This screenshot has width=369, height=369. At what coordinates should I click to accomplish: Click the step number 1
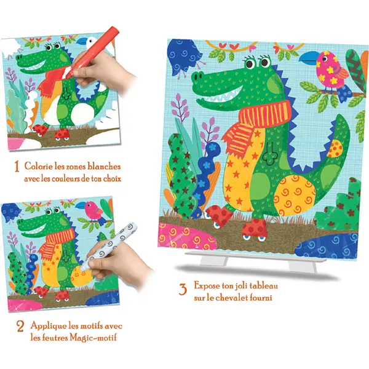pyautogui.click(x=17, y=167)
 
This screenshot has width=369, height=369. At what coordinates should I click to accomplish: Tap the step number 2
pyautogui.click(x=20, y=327)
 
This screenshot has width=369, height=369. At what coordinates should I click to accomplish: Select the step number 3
pyautogui.click(x=183, y=289)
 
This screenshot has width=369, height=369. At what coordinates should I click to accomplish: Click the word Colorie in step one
pyautogui.click(x=38, y=166)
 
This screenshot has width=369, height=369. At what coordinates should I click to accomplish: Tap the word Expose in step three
pyautogui.click(x=207, y=286)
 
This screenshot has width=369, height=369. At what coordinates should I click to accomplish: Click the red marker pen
pyautogui.click(x=92, y=52)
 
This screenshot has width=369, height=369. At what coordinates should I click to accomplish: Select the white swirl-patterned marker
pyautogui.click(x=109, y=245)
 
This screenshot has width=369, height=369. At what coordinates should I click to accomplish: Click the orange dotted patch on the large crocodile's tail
pyautogui.click(x=335, y=149)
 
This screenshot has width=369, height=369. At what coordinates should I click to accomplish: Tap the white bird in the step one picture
pyautogui.click(x=91, y=42)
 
